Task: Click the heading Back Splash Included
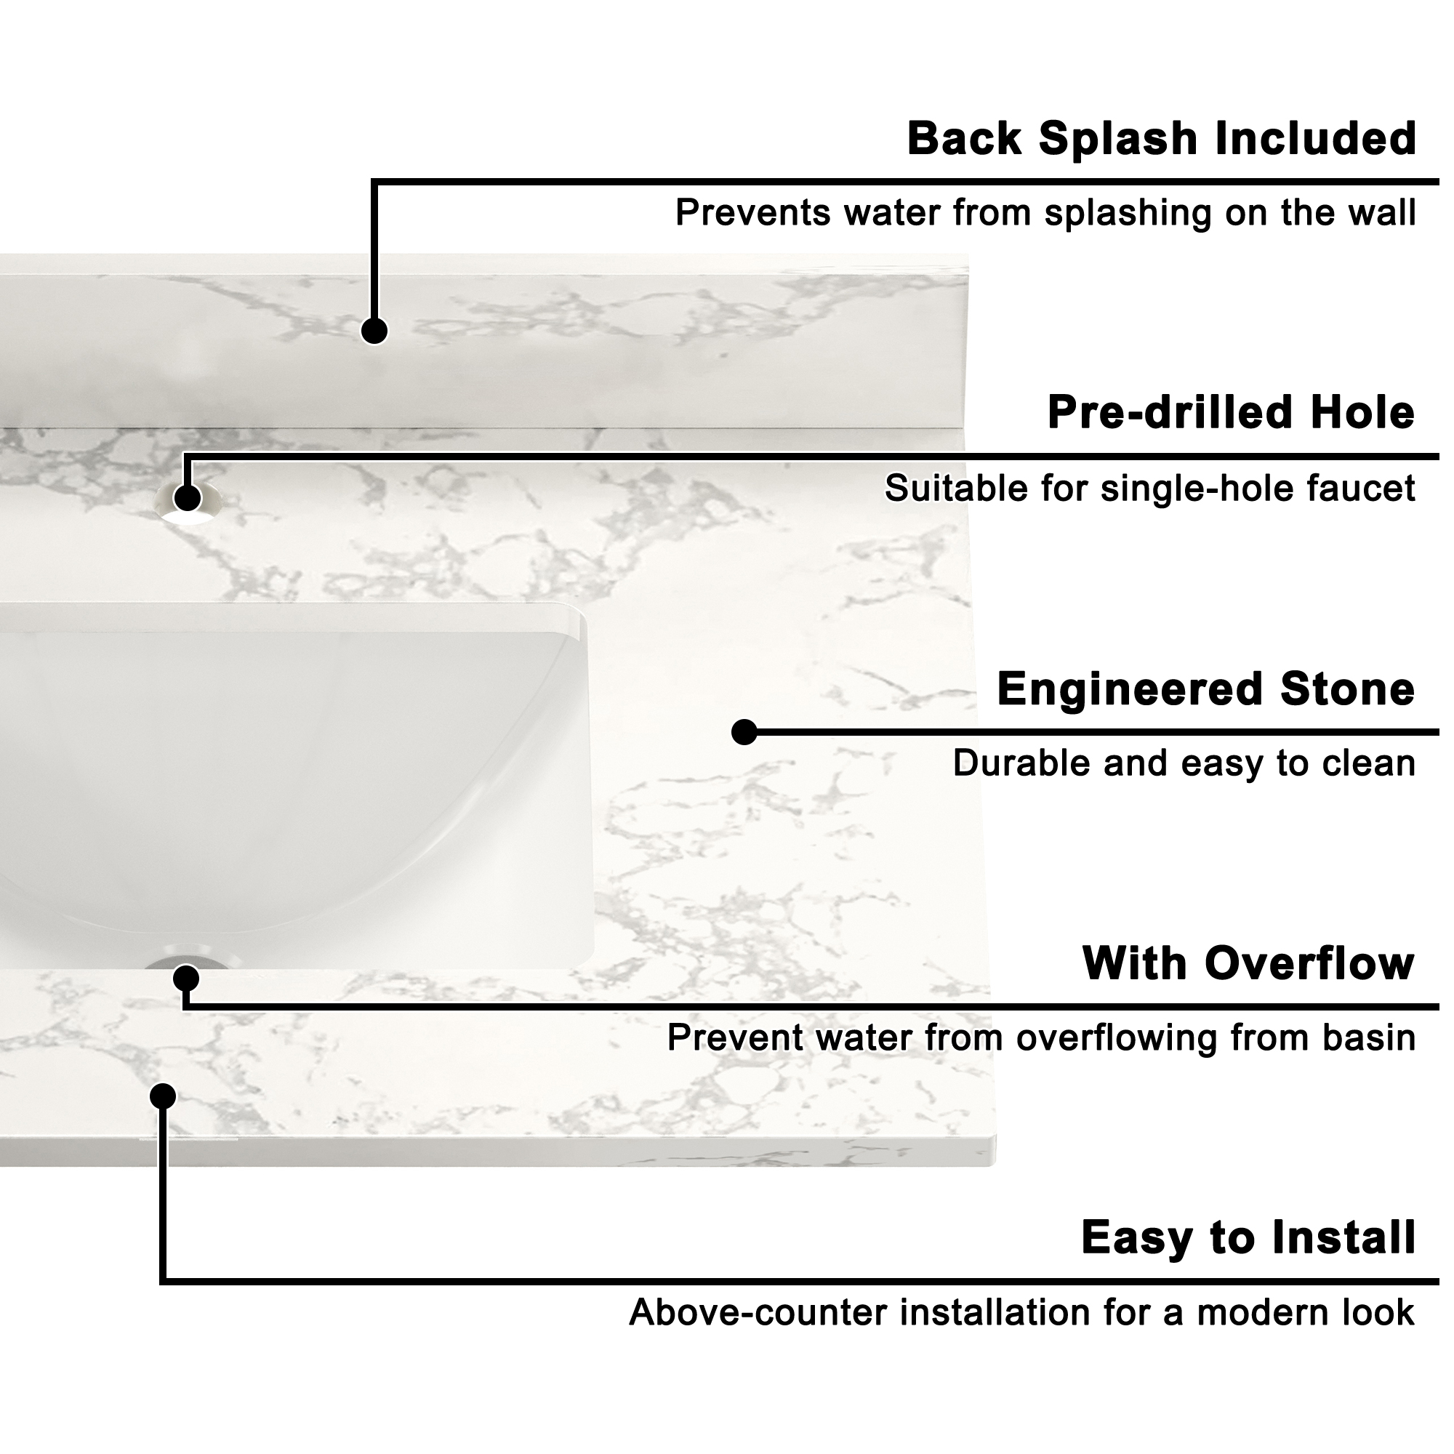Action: click(1161, 140)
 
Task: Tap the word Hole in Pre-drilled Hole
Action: click(1362, 413)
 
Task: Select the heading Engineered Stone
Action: click(1205, 689)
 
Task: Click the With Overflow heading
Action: click(1248, 964)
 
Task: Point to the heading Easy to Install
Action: click(1248, 1238)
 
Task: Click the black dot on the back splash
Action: click(374, 331)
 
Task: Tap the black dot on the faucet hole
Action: click(188, 497)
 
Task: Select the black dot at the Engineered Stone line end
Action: click(744, 732)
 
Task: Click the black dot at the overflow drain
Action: click(186, 979)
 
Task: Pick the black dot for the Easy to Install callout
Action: click(163, 1096)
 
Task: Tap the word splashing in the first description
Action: click(1128, 214)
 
